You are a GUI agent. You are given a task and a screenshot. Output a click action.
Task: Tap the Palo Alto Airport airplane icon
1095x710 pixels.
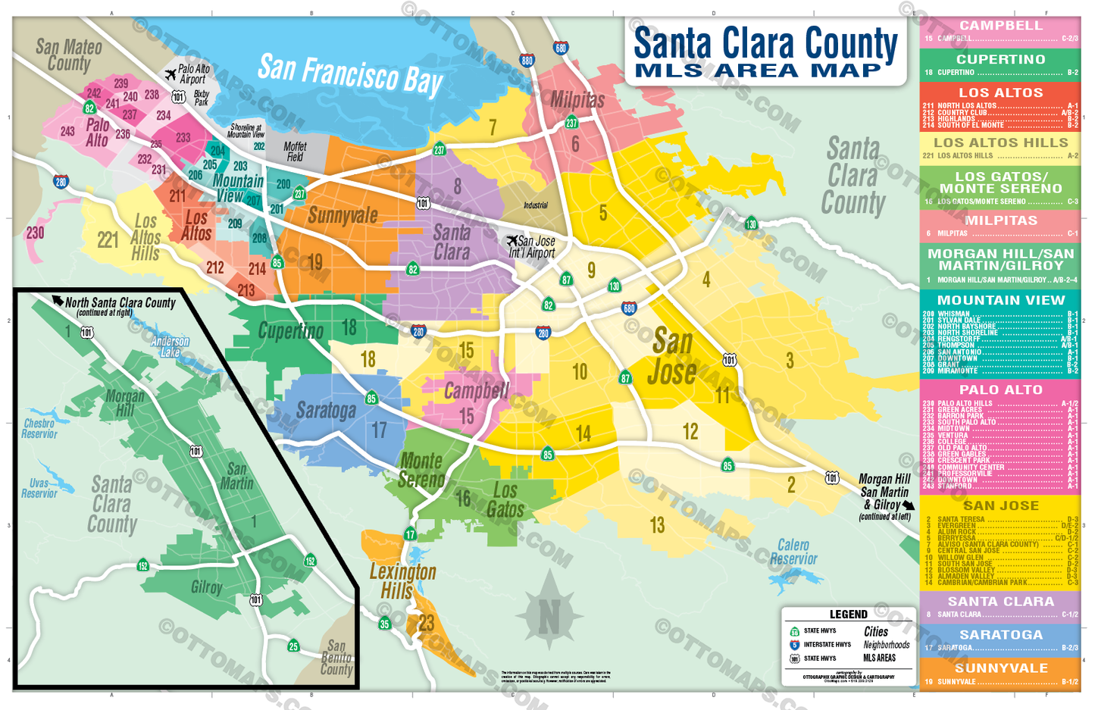point(171,74)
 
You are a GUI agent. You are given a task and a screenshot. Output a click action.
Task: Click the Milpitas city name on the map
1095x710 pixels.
point(577,99)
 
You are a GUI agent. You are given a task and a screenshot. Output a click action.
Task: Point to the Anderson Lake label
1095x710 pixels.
point(170,347)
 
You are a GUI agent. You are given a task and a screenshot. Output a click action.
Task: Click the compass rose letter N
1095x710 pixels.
point(549,618)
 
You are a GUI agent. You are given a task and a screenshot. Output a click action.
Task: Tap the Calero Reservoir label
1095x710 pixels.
point(793,552)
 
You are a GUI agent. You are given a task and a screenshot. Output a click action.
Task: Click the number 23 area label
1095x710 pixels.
point(427,623)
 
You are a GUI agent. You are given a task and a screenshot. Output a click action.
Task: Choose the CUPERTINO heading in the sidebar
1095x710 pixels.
point(1000,59)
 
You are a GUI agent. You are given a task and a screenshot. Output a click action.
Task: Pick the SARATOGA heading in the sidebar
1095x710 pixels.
point(1000,635)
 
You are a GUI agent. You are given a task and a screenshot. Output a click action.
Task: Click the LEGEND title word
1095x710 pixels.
point(848,615)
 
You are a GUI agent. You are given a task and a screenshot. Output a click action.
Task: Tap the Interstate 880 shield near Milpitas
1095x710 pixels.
point(527,61)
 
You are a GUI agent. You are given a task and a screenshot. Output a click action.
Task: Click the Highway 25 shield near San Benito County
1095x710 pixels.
point(293,646)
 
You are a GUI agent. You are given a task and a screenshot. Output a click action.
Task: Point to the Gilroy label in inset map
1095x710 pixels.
point(206,587)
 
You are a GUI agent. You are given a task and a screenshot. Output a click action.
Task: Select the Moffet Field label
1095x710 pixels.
point(295,152)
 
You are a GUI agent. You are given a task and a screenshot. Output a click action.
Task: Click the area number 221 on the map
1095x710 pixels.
point(108,240)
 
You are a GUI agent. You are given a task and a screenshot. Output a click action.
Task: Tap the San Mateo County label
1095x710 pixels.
point(68,55)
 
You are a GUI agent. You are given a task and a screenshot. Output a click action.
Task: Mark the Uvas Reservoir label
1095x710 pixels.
point(39,488)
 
